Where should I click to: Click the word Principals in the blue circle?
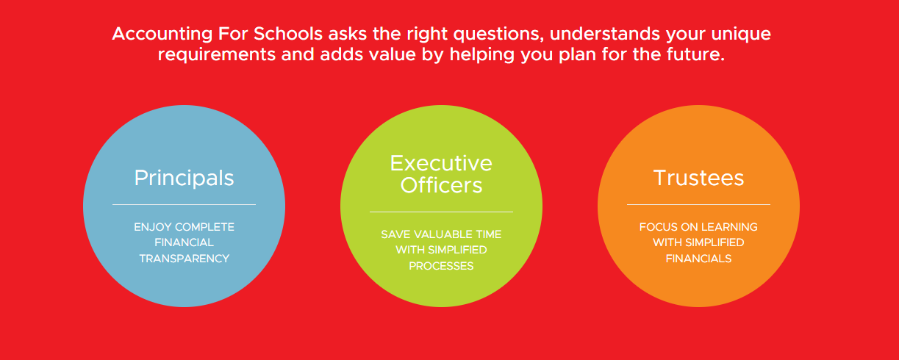coord(184,179)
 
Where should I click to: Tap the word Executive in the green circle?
coord(441,163)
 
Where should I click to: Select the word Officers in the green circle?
coord(441,185)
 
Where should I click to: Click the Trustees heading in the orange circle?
coord(699,178)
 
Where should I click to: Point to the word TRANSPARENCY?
coord(185,259)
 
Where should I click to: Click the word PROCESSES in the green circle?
coord(441,266)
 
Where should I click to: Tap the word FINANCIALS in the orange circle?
coord(699,259)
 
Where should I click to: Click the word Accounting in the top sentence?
coord(162,35)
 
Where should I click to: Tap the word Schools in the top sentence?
coord(287,34)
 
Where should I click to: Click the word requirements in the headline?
coord(217,55)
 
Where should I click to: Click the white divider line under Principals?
coord(184,205)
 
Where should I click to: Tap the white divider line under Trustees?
coord(699,205)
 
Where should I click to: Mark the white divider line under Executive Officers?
coord(441,212)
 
